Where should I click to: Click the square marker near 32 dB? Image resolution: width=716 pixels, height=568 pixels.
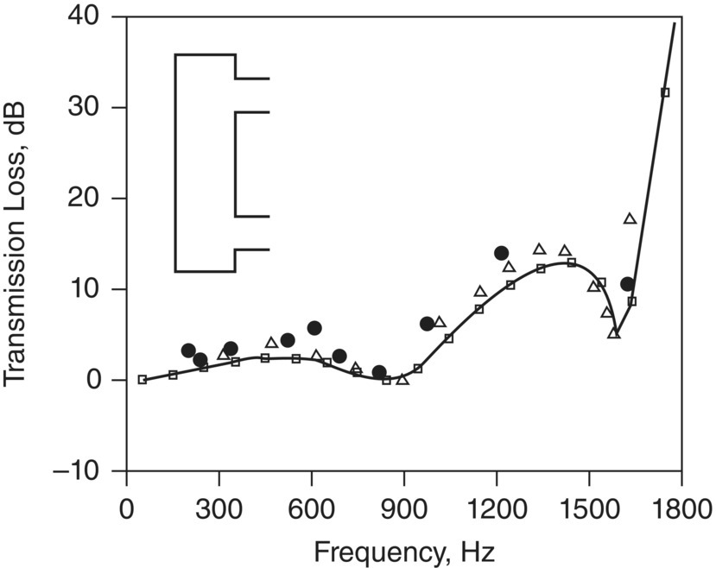[x=665, y=92]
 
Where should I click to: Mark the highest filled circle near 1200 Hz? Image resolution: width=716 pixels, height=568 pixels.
[x=501, y=253]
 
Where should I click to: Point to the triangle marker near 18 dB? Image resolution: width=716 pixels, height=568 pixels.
[x=630, y=218]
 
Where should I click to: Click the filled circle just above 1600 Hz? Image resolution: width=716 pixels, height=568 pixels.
[x=627, y=284]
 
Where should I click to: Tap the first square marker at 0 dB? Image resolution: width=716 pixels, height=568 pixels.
[x=143, y=379]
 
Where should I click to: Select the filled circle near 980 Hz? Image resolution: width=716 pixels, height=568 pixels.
[x=427, y=324]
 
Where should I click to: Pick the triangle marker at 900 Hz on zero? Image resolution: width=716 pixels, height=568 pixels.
[x=402, y=379]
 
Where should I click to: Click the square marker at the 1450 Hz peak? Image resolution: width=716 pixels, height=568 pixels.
[x=572, y=262]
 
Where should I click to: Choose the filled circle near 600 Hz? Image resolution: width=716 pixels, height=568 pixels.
[x=314, y=328]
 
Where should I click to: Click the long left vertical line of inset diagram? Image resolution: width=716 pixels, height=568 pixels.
[x=175, y=163]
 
